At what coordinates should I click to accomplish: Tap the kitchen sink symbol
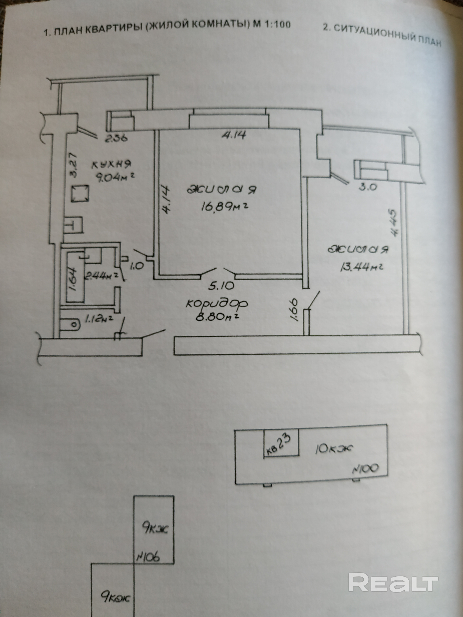tap(74, 225)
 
